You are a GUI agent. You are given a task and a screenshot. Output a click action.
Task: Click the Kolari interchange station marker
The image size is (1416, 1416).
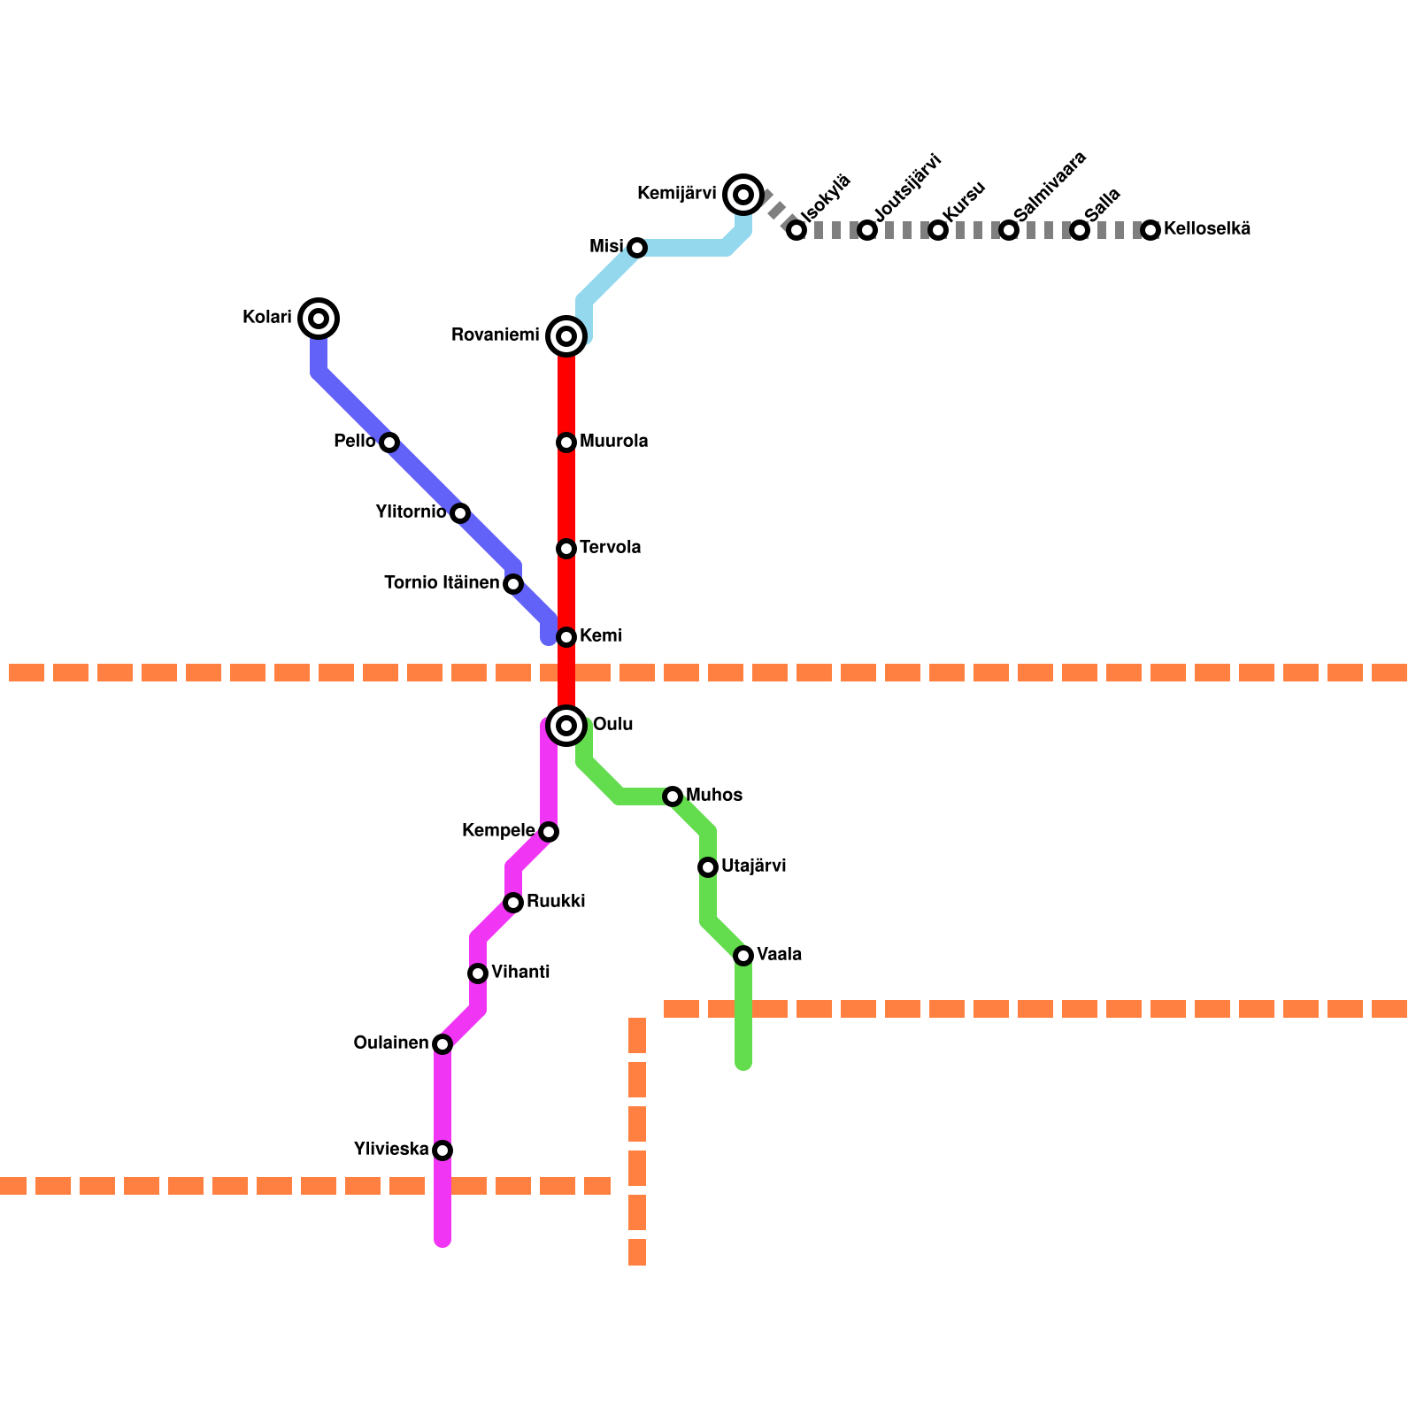point(319,319)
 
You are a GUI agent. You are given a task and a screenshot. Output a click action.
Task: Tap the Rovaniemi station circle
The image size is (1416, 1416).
point(566,336)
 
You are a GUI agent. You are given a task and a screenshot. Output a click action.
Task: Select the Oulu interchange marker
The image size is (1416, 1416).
point(566,726)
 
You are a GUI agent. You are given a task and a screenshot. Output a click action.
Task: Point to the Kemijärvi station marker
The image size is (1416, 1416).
point(743,195)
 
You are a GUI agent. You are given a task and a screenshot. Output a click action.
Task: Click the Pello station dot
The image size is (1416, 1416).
point(389,442)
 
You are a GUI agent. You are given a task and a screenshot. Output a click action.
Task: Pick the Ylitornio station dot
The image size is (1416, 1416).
point(460,513)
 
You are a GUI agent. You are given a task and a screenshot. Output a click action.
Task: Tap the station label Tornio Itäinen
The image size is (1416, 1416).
point(442,583)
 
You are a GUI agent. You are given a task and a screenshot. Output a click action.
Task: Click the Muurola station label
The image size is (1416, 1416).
point(614,442)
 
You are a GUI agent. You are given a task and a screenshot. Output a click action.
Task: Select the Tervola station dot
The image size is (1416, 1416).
point(566,549)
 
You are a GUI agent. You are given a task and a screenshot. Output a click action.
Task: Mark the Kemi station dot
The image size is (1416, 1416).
point(566,637)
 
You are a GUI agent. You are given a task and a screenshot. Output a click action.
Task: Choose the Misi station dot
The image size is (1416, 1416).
point(637,248)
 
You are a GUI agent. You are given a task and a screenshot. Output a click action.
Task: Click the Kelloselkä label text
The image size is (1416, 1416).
point(1207,229)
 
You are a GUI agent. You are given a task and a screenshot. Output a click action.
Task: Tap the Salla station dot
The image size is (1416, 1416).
point(1080,230)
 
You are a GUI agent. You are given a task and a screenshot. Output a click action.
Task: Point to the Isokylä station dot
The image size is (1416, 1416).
point(796,230)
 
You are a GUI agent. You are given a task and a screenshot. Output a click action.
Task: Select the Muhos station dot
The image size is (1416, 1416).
point(673,796)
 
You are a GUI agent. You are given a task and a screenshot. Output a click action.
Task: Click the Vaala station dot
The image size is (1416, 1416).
point(743,956)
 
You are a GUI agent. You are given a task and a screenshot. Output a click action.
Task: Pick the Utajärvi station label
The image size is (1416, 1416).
point(754,866)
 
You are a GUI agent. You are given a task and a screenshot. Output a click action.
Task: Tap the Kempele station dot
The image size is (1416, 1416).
point(549,832)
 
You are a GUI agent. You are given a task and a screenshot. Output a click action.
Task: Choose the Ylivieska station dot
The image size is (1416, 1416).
point(442,1150)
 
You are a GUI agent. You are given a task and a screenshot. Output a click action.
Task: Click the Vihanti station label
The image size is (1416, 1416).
point(520,973)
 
